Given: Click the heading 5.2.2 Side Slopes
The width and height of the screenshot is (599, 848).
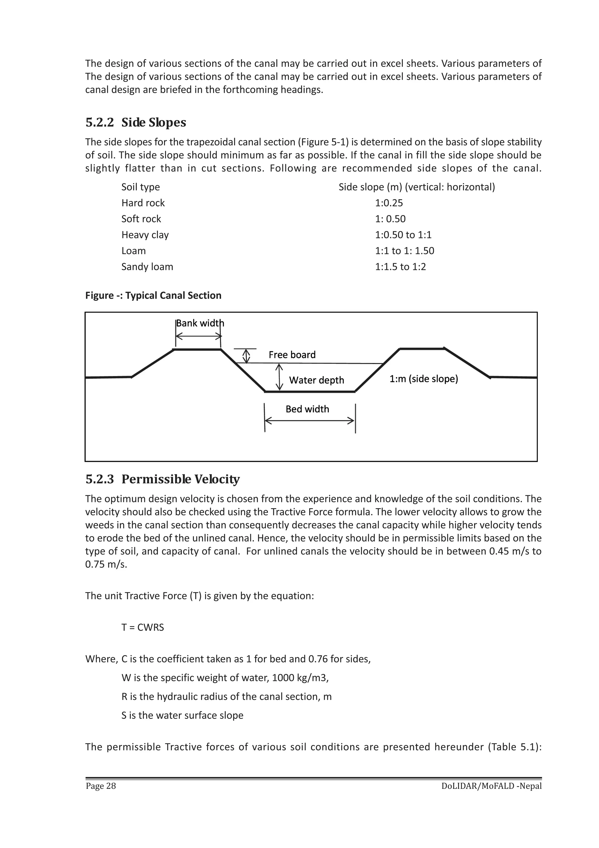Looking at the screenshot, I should click(135, 122).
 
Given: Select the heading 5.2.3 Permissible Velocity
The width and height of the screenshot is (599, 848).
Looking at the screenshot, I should click(162, 479).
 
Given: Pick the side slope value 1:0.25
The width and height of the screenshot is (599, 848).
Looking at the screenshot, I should click(389, 203).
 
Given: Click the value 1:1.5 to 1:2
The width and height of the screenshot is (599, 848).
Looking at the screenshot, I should click(400, 267).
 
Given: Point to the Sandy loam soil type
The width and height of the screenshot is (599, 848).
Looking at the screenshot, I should click(147, 267).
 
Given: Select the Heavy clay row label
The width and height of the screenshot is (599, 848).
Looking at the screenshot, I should click(145, 235).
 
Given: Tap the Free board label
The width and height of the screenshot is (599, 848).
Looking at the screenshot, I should click(292, 355).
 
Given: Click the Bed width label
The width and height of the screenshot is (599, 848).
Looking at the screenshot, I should click(307, 409).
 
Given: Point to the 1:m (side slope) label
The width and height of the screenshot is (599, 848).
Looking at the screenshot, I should click(423, 379).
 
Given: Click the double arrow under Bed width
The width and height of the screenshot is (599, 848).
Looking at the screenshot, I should click(310, 421).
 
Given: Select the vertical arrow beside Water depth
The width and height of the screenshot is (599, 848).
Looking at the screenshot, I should click(279, 377).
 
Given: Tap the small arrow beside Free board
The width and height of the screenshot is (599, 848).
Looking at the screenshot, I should click(246, 356).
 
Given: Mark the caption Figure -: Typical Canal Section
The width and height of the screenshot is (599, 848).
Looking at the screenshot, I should click(153, 295).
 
